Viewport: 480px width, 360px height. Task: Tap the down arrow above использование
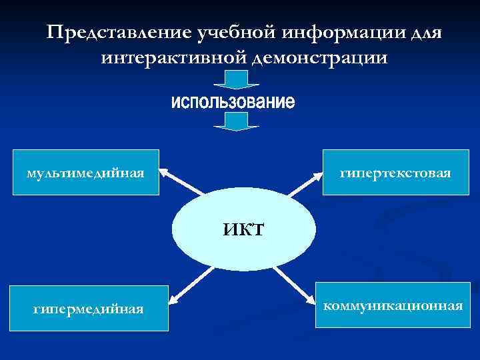tap(235, 80)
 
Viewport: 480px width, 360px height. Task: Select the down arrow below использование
tap(235, 121)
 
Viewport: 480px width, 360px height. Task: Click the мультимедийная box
tap(86, 172)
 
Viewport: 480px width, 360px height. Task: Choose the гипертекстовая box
tap(395, 172)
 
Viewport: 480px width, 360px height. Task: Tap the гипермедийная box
tap(89, 309)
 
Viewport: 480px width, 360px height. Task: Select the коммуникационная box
tap(392, 305)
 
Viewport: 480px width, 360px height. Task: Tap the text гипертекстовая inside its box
tap(395, 173)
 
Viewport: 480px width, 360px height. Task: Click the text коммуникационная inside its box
tap(392, 306)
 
